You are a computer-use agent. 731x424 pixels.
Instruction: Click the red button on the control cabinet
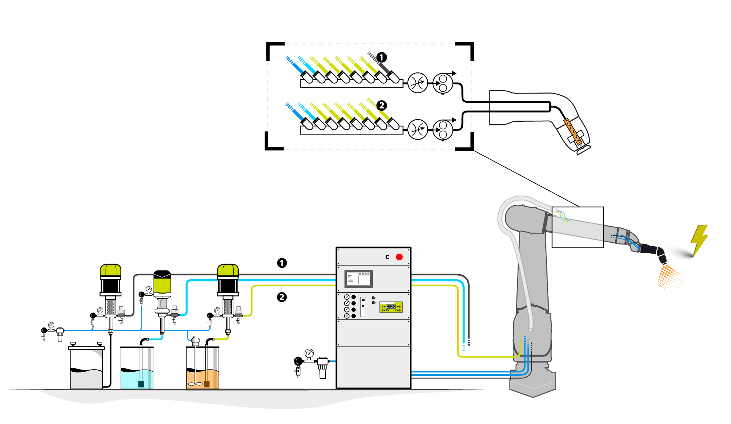coord(399,257)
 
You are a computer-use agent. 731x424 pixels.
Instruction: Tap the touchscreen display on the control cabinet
coord(359,279)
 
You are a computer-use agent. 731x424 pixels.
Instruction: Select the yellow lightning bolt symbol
coord(699,240)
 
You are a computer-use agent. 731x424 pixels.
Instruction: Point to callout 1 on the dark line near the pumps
coord(282,263)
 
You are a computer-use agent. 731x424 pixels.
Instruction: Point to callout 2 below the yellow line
coord(282,297)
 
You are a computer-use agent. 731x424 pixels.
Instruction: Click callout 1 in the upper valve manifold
coord(382,57)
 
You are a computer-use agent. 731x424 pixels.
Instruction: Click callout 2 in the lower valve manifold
coord(382,106)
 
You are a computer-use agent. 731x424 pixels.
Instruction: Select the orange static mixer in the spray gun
coord(572,131)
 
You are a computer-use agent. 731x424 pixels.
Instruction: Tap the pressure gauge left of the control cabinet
coord(309,353)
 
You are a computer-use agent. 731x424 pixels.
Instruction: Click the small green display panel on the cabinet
coord(391,307)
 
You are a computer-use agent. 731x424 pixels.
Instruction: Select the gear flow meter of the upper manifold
coord(443,83)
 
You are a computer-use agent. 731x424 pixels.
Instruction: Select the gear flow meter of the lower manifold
coord(443,130)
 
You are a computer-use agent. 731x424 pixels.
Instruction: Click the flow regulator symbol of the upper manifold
coord(417,83)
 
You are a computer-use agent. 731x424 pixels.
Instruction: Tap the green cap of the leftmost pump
coord(110,270)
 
